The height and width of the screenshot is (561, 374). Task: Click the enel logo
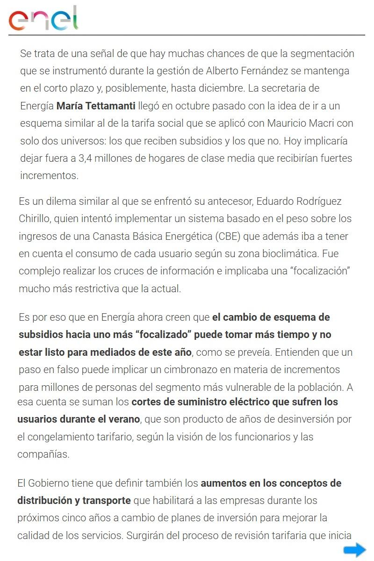click(x=43, y=19)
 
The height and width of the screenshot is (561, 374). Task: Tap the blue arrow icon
click(x=354, y=550)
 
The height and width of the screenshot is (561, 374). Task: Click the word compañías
click(x=43, y=454)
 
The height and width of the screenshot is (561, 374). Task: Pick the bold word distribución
click(x=44, y=500)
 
